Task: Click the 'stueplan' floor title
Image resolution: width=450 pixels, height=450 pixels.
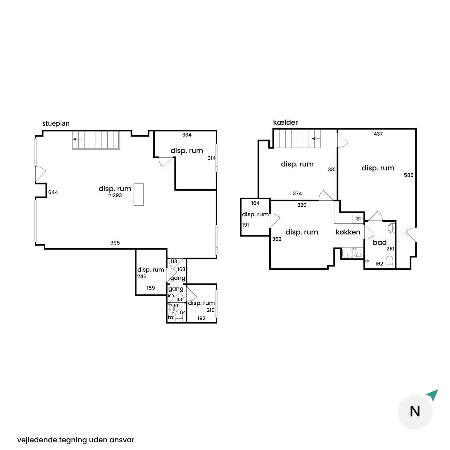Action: pos(56,123)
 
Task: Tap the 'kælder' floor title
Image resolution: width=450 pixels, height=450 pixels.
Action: pos(285,122)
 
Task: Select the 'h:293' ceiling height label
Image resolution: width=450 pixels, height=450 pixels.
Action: pos(115,195)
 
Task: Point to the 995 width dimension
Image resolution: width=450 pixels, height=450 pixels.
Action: pos(115,243)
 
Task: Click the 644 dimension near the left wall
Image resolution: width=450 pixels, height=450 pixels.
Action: pos(53,192)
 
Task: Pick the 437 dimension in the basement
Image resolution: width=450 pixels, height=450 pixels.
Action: pos(378,134)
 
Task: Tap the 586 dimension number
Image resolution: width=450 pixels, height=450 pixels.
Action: pos(409,175)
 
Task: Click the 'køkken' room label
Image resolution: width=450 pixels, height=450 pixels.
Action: pos(348,232)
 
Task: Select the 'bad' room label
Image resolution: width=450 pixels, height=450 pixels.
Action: pos(380,242)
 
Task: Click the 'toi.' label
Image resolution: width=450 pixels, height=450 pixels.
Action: pos(172,317)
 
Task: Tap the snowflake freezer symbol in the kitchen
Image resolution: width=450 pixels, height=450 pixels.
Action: pos(358,218)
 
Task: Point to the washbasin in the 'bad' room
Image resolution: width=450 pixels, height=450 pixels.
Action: pos(392,228)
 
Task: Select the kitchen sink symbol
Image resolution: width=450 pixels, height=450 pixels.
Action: pos(347,253)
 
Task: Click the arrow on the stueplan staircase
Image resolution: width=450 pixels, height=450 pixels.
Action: pos(77,139)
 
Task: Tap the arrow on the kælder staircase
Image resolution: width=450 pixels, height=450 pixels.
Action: pos(316,139)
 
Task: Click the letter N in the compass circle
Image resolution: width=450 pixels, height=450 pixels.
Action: pos(415,411)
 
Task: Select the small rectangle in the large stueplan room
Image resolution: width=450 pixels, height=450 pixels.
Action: pos(139,194)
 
